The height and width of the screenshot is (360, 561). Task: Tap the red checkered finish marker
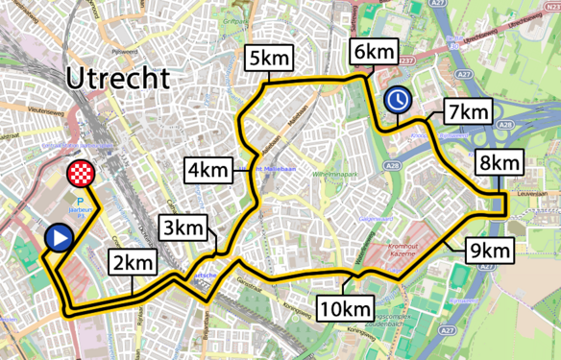81,175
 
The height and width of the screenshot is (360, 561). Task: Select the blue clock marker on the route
397,100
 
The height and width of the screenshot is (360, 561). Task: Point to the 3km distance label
182,228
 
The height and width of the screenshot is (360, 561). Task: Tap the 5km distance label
268,58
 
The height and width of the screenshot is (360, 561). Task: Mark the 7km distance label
468,111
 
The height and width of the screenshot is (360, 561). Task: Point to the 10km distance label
344,308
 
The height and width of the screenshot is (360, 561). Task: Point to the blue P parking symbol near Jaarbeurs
67,203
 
